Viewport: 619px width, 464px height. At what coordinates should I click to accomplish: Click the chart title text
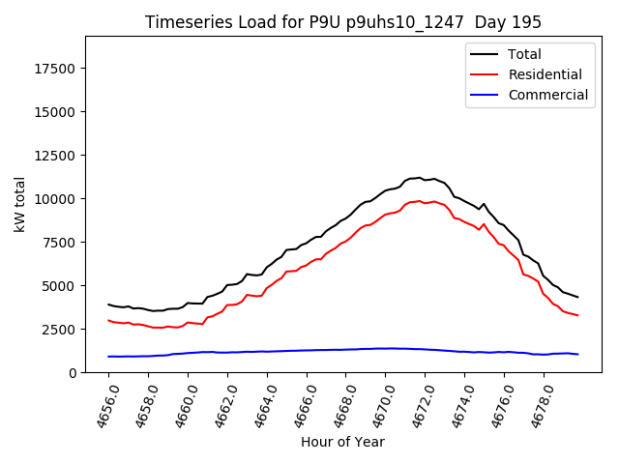click(343, 22)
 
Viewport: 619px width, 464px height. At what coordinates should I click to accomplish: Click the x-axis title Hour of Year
click(342, 442)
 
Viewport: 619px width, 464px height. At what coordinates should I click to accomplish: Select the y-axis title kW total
click(20, 205)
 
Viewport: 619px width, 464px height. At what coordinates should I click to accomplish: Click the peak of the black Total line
click(420, 178)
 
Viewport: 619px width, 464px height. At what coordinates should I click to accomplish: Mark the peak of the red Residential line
click(420, 201)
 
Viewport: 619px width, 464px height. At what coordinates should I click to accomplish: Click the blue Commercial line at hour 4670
click(385, 348)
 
